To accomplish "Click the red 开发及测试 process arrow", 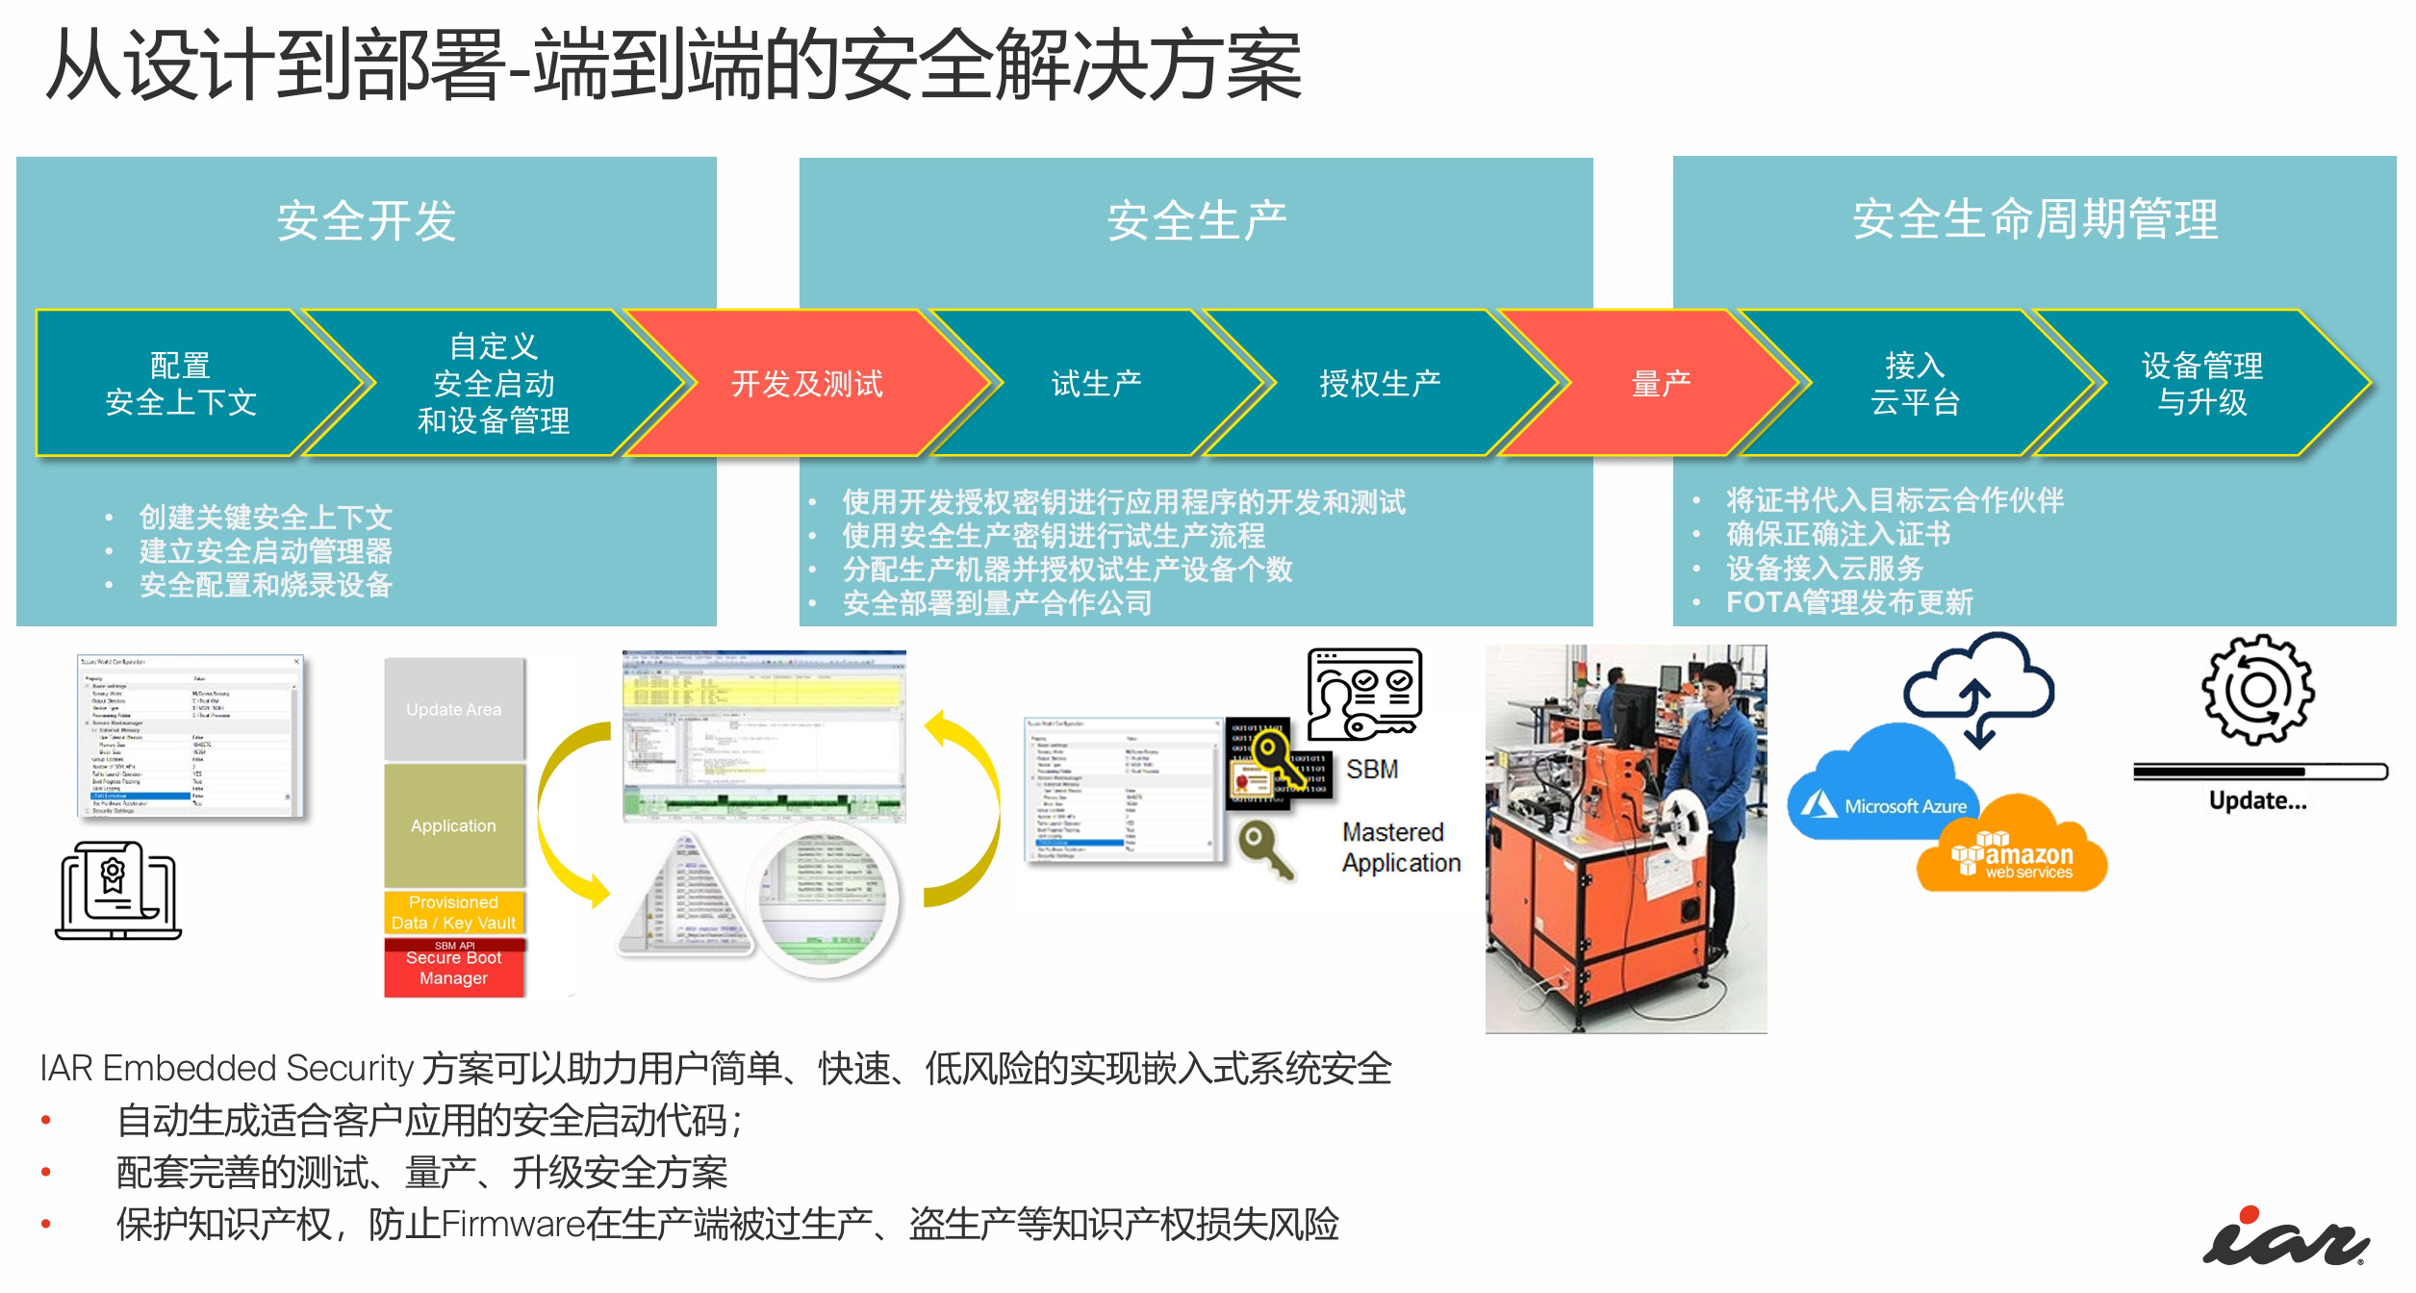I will pyautogui.click(x=806, y=384).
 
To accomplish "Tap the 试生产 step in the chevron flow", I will pyautogui.click(x=1096, y=384).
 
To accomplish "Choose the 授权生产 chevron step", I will pyautogui.click(x=1379, y=384).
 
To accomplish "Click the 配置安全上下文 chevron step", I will pyautogui.click(x=180, y=384).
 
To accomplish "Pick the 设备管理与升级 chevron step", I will pyautogui.click(x=2201, y=384).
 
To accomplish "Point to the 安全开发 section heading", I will pyautogui.click(x=366, y=221).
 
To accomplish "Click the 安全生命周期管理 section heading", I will pyautogui.click(x=2034, y=219).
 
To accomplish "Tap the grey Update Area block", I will pyautogui.click(x=453, y=709).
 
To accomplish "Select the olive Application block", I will pyautogui.click(x=453, y=825).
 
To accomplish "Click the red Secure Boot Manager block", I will pyautogui.click(x=453, y=970).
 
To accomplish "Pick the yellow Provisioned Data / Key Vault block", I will pyautogui.click(x=453, y=912).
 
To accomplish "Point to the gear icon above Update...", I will pyautogui.click(x=2257, y=690).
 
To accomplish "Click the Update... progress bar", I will pyautogui.click(x=2259, y=772).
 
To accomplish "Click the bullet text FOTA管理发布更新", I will pyautogui.click(x=1848, y=602).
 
